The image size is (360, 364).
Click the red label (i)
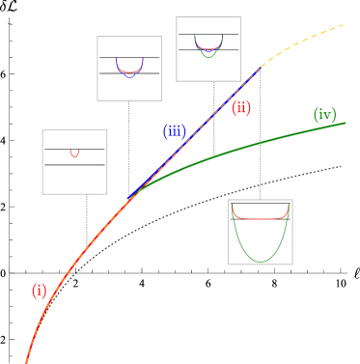39,291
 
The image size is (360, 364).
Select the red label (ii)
241,108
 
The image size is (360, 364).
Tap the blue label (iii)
174,131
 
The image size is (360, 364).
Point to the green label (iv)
324,115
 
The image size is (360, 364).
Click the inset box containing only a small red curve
74,161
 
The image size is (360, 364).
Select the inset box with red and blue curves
129,69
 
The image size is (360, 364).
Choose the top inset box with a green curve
208,49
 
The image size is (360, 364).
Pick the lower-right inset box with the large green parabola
260,231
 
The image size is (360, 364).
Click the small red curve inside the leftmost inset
74,153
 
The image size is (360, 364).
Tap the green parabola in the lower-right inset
260,256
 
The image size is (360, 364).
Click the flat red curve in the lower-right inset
260,218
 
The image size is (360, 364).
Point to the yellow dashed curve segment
309,41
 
